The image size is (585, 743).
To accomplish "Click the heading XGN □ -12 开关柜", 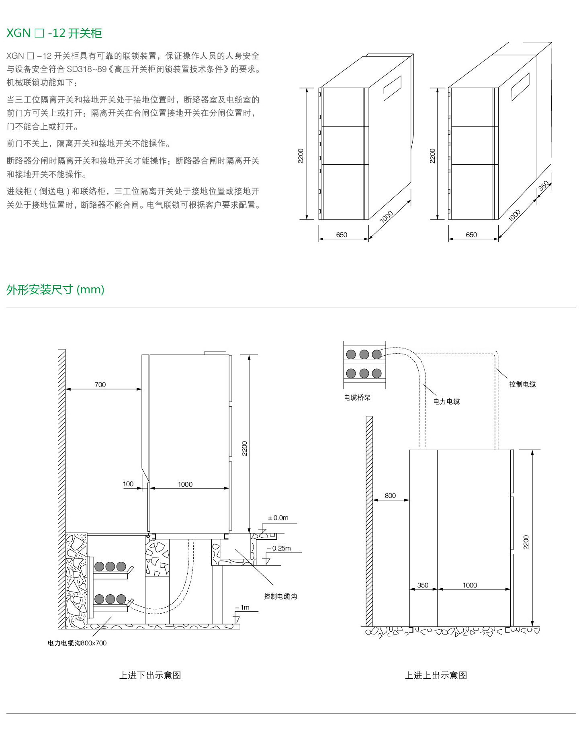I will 54,33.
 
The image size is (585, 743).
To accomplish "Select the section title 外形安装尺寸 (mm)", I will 55,289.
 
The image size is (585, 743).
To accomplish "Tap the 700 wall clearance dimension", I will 100,385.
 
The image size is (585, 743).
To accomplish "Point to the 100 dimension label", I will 128,484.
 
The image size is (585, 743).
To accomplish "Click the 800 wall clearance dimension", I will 390,495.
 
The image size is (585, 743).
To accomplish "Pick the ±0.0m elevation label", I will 278,518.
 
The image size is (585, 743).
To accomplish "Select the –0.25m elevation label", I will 279,548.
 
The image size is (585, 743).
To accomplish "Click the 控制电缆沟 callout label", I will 280,596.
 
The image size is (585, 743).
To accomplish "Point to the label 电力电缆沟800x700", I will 77,643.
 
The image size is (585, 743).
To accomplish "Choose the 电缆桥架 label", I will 357,397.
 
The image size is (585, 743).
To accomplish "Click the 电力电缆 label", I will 446,401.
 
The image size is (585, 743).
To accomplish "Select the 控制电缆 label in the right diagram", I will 522,384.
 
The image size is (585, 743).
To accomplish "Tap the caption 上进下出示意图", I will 150,675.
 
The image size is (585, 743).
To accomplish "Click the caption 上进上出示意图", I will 436,675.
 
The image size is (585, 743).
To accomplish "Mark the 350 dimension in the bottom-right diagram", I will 423,585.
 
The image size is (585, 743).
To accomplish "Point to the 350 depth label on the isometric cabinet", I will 544,186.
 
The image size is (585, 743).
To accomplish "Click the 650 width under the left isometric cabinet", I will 342,235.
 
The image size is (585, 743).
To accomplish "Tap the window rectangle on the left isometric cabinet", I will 392,88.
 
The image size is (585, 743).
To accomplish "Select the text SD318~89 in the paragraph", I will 86,69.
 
